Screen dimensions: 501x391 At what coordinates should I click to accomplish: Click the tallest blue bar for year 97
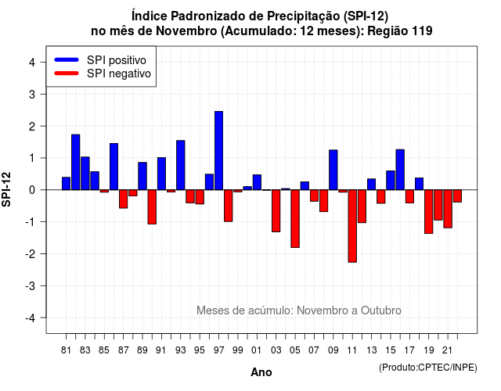pos(219,151)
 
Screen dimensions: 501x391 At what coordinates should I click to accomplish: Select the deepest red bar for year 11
pos(352,226)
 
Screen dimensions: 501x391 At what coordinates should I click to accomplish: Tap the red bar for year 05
pos(295,219)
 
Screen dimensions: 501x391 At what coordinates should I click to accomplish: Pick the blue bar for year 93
pos(181,165)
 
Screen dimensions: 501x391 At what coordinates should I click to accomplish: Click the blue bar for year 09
pos(333,170)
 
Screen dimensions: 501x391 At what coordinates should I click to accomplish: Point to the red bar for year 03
pos(276,210)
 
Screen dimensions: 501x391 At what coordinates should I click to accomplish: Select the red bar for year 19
pos(429,212)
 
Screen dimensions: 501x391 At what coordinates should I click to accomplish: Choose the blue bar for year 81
pos(66,184)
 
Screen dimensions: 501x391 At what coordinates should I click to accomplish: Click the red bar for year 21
pos(448,209)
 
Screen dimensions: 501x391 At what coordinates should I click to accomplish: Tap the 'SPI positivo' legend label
pos(117,60)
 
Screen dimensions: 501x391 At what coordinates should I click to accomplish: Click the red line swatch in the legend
pos(67,74)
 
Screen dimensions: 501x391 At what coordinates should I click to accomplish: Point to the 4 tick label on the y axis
pos(32,63)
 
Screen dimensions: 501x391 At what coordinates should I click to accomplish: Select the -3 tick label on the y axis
pos(30,285)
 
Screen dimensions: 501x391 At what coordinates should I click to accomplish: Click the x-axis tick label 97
pos(219,350)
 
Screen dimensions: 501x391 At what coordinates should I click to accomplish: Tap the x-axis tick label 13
pos(372,350)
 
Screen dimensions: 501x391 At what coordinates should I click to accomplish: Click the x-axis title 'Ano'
pos(261,372)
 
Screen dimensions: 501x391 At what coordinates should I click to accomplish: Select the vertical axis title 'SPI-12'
pos(6,189)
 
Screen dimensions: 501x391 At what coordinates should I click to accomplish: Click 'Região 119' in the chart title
pos(400,31)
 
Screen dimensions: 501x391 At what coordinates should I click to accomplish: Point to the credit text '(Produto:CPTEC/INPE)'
pos(428,368)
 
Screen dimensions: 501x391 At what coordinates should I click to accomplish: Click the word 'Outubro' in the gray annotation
pos(381,310)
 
